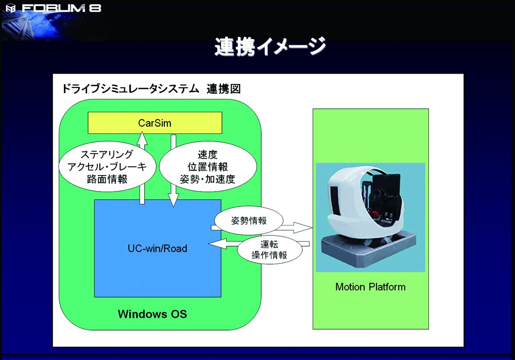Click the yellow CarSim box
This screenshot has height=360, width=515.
[x=154, y=123]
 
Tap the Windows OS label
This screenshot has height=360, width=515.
[x=152, y=314]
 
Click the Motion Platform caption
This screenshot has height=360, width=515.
[x=370, y=287]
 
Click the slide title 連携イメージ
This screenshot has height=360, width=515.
[x=270, y=46]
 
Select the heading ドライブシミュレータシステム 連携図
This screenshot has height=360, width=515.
[x=151, y=89]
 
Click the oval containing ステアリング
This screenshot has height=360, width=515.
[x=108, y=166]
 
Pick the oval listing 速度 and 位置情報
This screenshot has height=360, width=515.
[x=208, y=166]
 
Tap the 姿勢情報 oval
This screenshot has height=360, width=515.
[x=249, y=220]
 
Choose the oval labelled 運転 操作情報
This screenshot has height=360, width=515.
[x=269, y=250]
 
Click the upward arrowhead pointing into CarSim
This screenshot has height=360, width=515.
[x=142, y=139]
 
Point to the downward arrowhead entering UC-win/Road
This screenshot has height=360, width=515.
[x=174, y=200]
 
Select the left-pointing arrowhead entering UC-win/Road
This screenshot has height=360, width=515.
[x=217, y=244]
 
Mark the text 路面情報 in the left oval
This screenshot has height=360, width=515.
[x=108, y=179]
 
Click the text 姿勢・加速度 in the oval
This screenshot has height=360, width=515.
[x=208, y=179]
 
